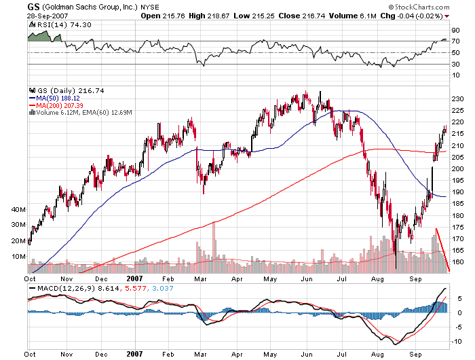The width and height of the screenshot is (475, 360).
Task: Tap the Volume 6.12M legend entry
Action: click(60, 113)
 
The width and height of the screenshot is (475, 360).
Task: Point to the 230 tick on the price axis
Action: click(458, 99)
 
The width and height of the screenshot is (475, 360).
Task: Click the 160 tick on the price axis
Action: click(458, 262)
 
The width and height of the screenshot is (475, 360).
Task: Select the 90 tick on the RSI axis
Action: click(456, 30)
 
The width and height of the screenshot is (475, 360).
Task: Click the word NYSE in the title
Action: click(151, 6)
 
